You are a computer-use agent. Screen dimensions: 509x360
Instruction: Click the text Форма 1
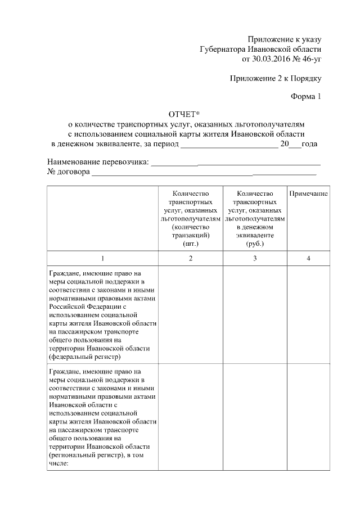[305, 96]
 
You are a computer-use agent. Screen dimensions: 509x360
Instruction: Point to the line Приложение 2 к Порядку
[276, 77]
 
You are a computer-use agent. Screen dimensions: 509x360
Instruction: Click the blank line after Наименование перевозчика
[236, 163]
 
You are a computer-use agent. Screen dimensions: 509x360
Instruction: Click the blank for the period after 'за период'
[229, 144]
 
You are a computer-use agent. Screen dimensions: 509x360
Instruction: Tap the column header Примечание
[309, 193]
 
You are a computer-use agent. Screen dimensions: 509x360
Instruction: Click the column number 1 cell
[102, 258]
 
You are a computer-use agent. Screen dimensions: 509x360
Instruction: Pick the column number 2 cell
[191, 258]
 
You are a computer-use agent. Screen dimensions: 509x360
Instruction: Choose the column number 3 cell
[255, 258]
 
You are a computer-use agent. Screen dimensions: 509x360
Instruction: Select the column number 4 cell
[309, 258]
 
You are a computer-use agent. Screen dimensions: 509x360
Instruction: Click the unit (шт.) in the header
[191, 244]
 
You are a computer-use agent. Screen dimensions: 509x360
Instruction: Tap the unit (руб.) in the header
[255, 244]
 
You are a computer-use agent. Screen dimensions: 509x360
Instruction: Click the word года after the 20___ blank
[309, 144]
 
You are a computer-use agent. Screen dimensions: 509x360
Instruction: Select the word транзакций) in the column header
[191, 235]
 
